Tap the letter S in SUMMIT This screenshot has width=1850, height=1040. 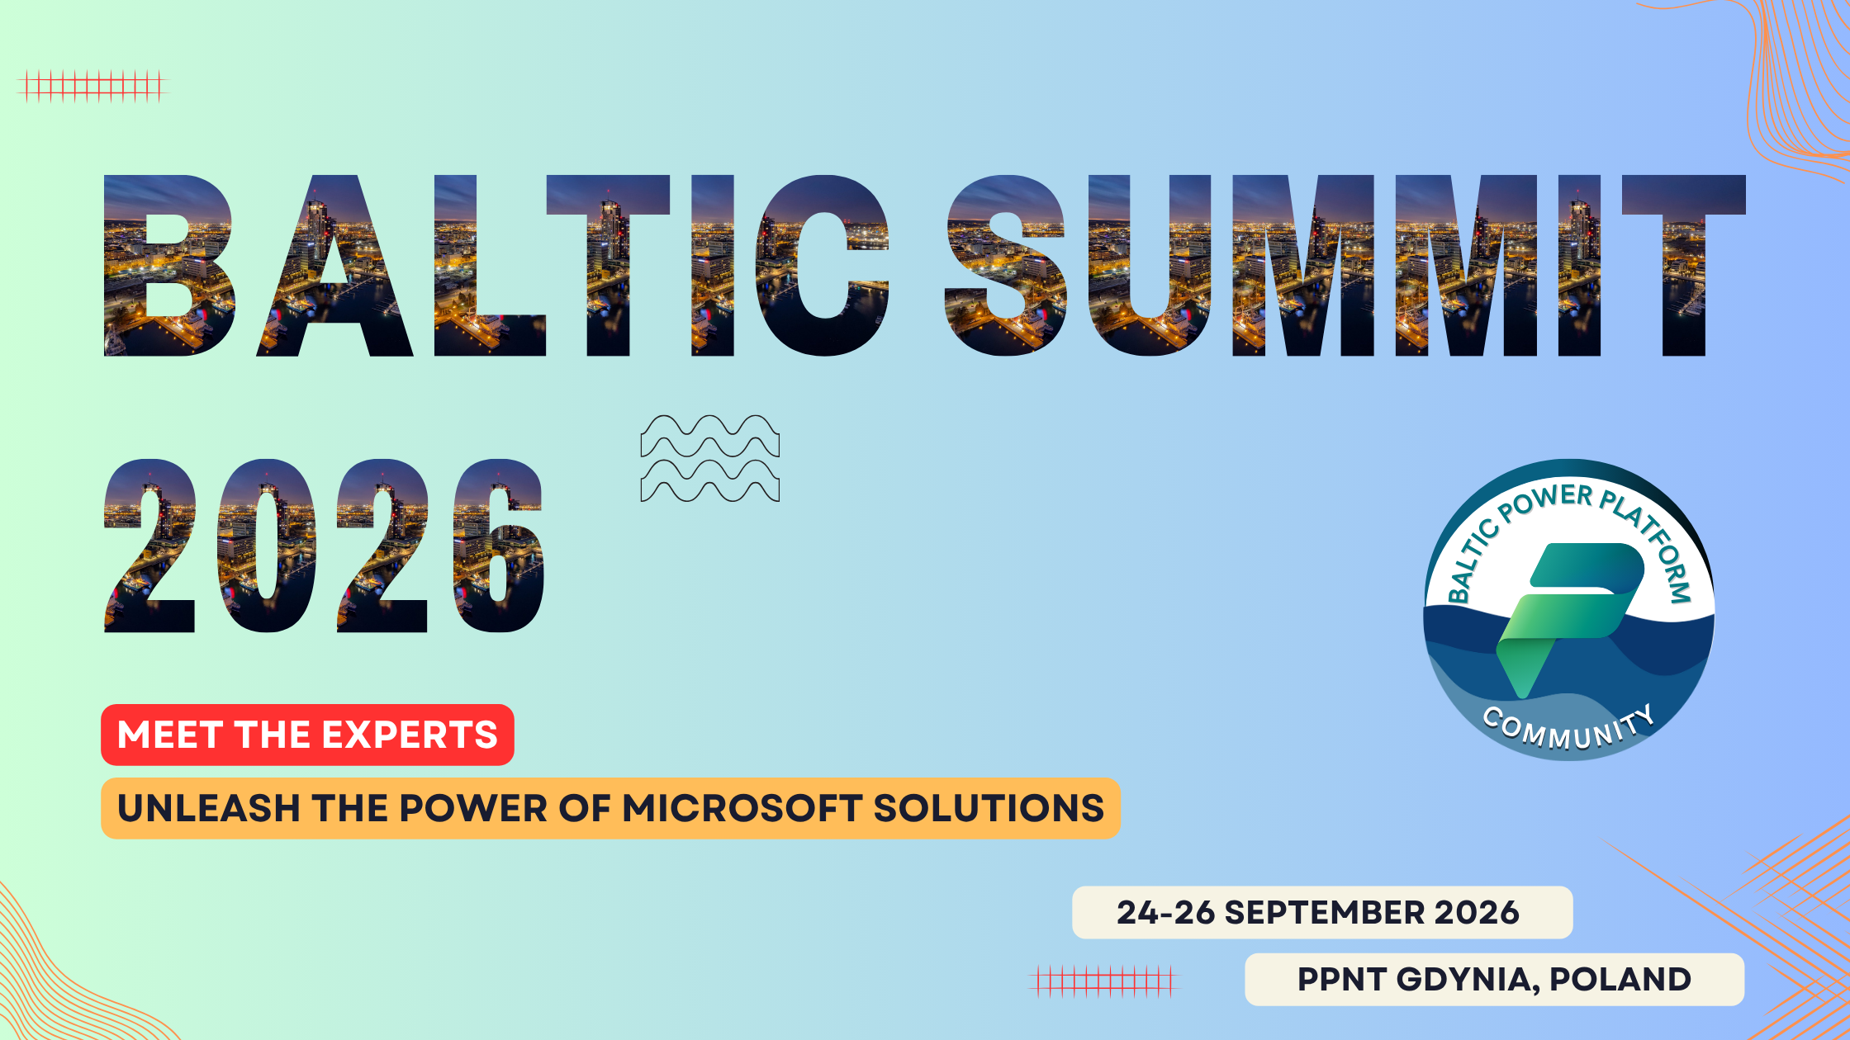tap(1006, 266)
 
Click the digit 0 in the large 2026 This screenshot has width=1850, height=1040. tap(267, 546)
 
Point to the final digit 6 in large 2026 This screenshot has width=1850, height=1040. tap(499, 546)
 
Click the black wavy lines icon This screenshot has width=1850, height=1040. tap(710, 458)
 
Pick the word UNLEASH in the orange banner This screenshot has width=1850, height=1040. tap(209, 808)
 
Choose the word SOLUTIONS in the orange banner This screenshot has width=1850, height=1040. tap(989, 808)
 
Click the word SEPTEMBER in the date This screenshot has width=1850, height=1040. tap(1325, 913)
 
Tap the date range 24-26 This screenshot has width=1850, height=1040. tap(1166, 913)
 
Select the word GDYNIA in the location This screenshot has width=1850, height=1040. tap(1468, 980)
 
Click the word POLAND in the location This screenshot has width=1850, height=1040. tap(1620, 980)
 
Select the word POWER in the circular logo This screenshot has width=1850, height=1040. tap(1545, 502)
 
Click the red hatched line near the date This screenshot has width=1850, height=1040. tap(1104, 981)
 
